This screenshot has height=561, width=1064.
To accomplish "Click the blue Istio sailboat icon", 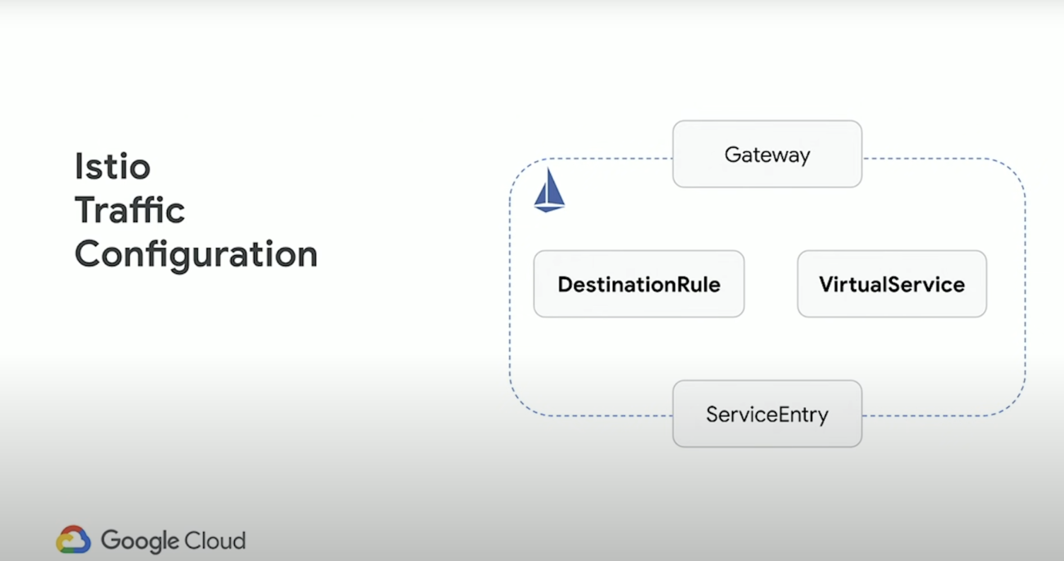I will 549,191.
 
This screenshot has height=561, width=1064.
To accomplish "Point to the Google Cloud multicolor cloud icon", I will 73,540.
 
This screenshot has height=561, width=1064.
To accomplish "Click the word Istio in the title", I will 112,166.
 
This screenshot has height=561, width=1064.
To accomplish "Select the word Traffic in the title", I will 130,210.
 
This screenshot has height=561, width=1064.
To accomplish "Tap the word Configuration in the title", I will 196,254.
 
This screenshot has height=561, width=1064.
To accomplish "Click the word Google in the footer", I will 139,541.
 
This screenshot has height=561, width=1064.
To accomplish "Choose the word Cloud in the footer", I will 215,540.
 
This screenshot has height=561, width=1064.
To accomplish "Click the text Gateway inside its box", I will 767,155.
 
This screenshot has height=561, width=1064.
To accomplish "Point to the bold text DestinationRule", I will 639,284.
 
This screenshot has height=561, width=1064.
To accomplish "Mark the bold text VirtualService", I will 892,284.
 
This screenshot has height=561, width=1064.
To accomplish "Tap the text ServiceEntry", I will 767,415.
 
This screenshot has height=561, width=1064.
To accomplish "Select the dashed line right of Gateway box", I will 927,159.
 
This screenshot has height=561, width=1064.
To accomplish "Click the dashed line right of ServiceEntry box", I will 927,416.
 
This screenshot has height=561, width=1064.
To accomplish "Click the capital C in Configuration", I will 89,254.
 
